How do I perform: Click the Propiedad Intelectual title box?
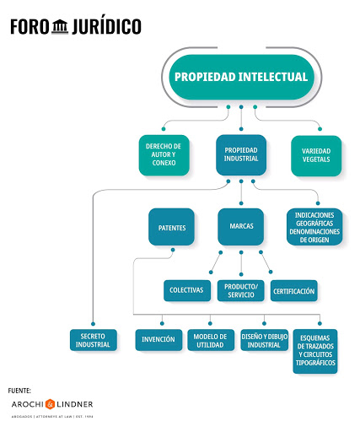pos(241,77)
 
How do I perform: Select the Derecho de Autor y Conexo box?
pos(165,154)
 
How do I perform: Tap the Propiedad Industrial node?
pos(241,154)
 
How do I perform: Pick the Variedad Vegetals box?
pos(316,154)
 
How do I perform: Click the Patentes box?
pos(171,226)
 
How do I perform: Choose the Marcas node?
pos(241,226)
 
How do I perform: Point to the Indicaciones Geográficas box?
pos(314,226)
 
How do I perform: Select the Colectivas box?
pos(185,290)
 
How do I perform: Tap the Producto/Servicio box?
pos(240,290)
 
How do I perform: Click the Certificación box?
pos(293,290)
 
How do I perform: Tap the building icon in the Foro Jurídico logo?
pos(60,27)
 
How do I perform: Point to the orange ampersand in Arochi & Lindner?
pos(51,403)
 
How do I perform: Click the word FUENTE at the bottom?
pos(19,390)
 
